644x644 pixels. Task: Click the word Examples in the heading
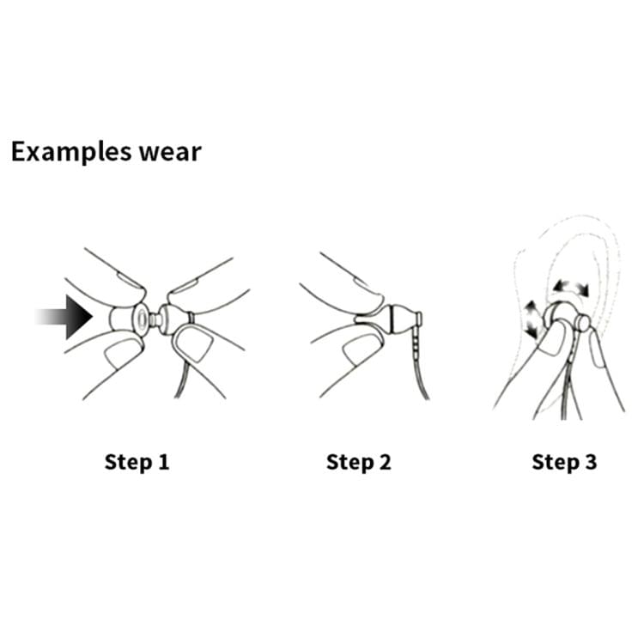pyautogui.click(x=71, y=153)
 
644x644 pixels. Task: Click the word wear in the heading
pyautogui.click(x=170, y=153)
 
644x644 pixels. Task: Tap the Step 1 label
pyautogui.click(x=137, y=463)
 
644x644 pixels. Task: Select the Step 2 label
pyautogui.click(x=359, y=463)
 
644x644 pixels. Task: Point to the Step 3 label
pyautogui.click(x=564, y=463)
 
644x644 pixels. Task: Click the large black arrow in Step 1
pyautogui.click(x=66, y=317)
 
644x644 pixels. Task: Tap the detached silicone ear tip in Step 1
pyautogui.click(x=128, y=319)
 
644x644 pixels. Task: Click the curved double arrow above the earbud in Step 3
pyautogui.click(x=570, y=287)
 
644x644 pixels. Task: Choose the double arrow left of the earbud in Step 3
pyautogui.click(x=532, y=319)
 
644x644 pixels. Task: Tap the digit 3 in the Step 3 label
pyautogui.click(x=590, y=462)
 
